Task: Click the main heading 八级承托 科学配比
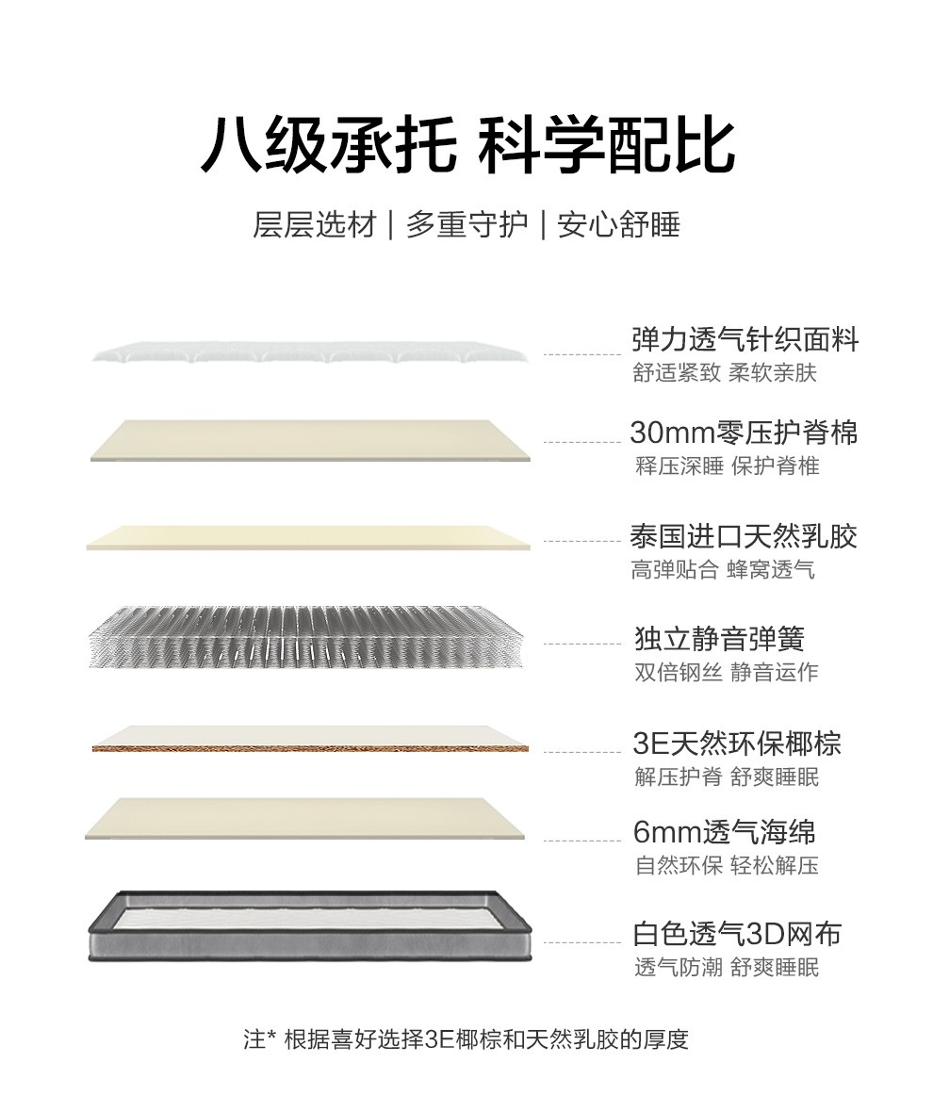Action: (467, 146)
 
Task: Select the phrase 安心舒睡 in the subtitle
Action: (619, 225)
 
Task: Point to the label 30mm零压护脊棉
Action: (744, 433)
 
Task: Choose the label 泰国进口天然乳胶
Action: (744, 536)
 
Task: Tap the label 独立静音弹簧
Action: (719, 638)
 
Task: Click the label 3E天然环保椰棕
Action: (737, 743)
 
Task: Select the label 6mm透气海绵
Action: (724, 831)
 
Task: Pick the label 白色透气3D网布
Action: (737, 934)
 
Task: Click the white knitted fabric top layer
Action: (309, 352)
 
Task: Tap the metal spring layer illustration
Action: (306, 636)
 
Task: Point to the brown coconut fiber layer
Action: (310, 748)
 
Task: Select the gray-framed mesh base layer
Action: (310, 926)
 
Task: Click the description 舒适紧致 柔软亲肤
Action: (725, 372)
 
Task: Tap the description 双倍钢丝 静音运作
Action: (727, 672)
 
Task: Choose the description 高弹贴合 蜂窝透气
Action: (723, 570)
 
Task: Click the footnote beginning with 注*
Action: (466, 1039)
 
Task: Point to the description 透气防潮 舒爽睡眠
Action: (727, 967)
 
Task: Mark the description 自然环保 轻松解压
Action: (727, 865)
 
